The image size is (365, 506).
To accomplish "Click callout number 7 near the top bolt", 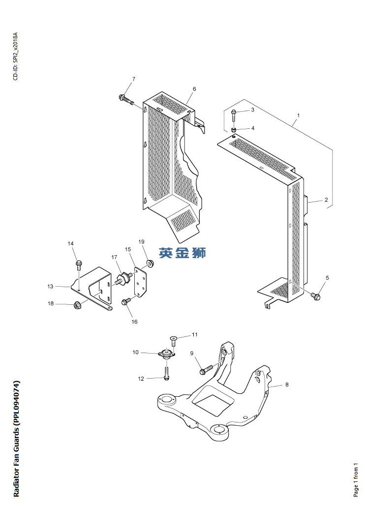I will [x=133, y=79].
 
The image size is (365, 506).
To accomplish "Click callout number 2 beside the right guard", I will [x=326, y=200].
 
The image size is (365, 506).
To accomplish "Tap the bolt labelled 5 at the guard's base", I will [x=316, y=296].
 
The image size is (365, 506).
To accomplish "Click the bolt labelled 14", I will [x=79, y=266].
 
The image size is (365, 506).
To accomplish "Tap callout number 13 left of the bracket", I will [x=50, y=286].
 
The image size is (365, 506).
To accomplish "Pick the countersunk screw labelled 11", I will [x=173, y=338].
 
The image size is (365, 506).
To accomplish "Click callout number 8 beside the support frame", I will [x=287, y=385].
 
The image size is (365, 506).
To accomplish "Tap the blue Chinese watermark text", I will [x=182, y=253].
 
